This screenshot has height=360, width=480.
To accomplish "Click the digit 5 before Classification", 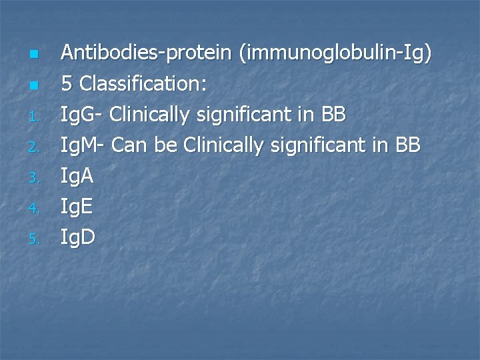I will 67,83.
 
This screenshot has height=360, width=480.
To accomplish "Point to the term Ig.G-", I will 83,115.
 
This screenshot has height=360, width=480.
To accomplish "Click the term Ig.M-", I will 84,146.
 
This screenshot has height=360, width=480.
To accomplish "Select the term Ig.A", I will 77,177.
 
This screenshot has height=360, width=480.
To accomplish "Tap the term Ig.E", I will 77,207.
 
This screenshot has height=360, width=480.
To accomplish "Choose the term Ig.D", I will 77,238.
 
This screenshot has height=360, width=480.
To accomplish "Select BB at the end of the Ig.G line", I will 333,115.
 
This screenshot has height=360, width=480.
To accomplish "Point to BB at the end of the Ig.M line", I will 407,146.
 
